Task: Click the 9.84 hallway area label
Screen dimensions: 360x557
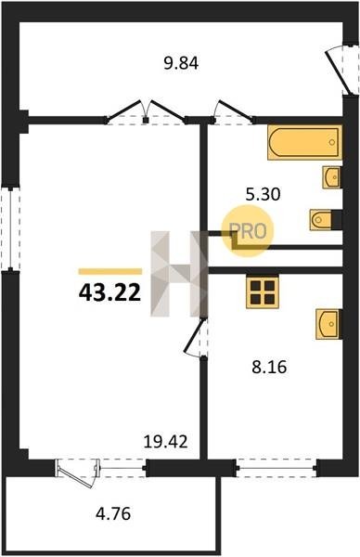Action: [181, 63]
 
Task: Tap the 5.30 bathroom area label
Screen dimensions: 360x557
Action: [264, 194]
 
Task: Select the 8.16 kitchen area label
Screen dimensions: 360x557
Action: [269, 367]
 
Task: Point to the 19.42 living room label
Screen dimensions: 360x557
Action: [165, 442]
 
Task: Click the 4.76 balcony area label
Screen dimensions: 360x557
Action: [113, 513]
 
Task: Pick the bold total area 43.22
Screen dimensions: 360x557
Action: [109, 293]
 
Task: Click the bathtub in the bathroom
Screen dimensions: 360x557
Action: [304, 142]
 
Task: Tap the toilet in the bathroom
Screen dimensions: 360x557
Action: [326, 220]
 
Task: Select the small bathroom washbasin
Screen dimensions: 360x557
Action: [332, 177]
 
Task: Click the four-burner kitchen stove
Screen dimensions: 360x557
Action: [263, 292]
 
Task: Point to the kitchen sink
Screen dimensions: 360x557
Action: [328, 324]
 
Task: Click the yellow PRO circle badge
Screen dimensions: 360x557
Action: [248, 231]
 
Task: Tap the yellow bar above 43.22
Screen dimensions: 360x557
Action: [110, 271]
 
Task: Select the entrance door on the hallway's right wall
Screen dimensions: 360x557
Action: [340, 71]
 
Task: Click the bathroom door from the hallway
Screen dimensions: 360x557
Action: [234, 112]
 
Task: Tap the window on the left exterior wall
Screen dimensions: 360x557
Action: [10, 229]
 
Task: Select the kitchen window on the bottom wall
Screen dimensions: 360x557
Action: [276, 468]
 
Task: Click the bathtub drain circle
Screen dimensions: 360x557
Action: [331, 142]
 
